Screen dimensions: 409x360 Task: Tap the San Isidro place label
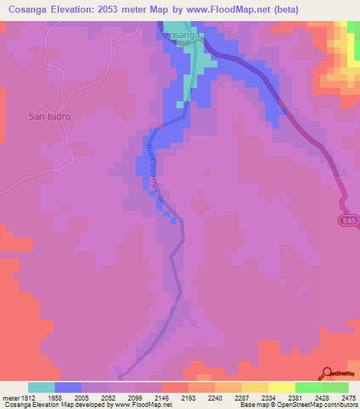(51, 116)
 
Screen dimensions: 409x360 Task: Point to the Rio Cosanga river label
(153, 169)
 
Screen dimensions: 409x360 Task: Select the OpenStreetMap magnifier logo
(326, 374)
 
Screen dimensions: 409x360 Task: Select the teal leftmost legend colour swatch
(41, 387)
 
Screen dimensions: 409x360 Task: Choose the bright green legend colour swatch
(308, 387)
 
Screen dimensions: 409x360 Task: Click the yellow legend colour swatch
(281, 387)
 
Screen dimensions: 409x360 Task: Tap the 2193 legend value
(188, 397)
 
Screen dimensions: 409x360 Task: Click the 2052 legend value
(108, 397)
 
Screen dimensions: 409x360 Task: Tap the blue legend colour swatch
(68, 387)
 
